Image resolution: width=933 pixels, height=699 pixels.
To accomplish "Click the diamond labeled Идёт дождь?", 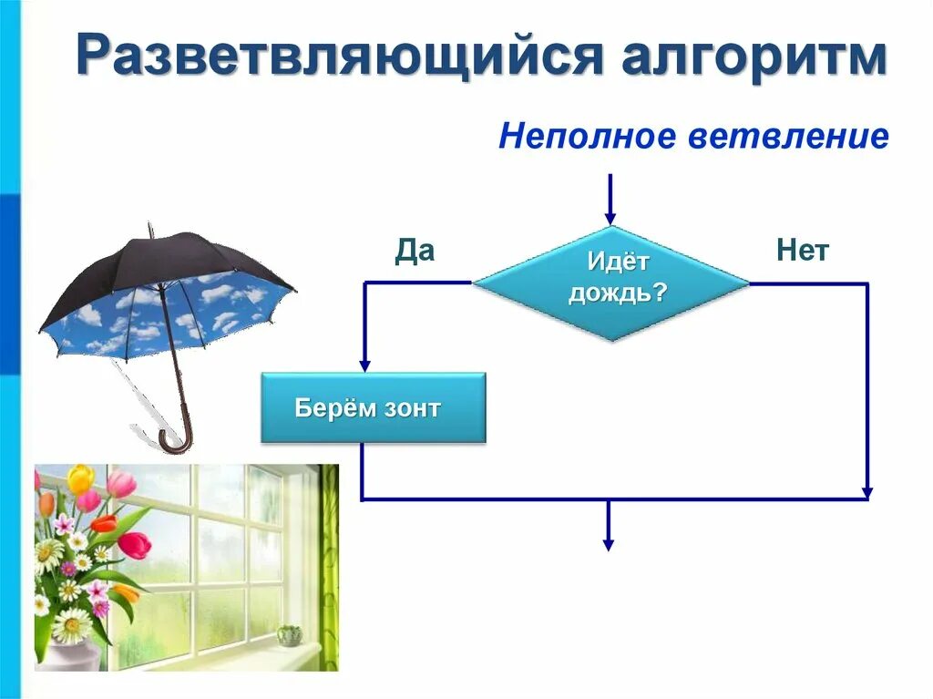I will click(610, 283).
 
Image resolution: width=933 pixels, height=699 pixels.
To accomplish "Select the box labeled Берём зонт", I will click(374, 408).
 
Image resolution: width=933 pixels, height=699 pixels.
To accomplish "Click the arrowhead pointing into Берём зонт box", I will click(364, 364).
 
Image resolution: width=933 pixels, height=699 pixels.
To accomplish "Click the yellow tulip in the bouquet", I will click(80, 478).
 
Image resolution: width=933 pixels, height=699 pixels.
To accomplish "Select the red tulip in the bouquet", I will click(135, 544).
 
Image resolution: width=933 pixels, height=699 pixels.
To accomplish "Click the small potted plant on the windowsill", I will click(289, 634).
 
